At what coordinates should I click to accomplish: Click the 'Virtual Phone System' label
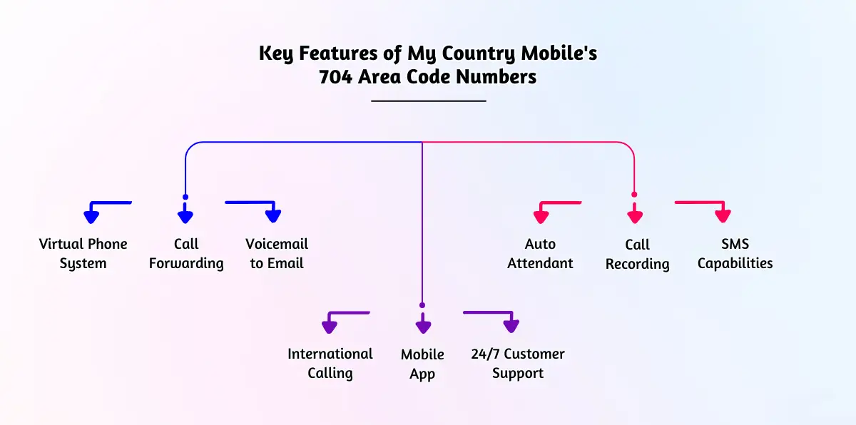[x=83, y=254]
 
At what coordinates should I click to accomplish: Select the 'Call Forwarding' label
[x=186, y=254]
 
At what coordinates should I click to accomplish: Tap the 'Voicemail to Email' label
[x=277, y=254]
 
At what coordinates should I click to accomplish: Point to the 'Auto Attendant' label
[x=540, y=254]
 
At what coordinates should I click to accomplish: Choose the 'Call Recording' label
[x=638, y=255]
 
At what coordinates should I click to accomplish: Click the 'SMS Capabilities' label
[x=735, y=254]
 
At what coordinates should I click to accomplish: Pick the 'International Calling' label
[x=330, y=364]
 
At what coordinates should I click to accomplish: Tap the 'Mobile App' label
[x=422, y=364]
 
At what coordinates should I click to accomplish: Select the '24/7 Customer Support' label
[x=518, y=364]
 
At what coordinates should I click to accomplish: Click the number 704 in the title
[x=335, y=77]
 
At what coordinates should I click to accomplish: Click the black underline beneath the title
[x=429, y=101]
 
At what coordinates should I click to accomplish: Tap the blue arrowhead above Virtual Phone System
[x=91, y=217]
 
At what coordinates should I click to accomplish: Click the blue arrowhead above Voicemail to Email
[x=273, y=216]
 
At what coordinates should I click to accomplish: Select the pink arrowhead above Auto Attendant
[x=541, y=217]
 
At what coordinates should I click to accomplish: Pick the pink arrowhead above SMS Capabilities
[x=723, y=216]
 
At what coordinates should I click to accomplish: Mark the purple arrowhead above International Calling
[x=330, y=327]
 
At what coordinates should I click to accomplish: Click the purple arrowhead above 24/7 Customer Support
[x=511, y=326]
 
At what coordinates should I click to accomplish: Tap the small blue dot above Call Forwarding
[x=185, y=197]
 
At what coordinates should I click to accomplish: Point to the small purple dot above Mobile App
[x=422, y=305]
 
